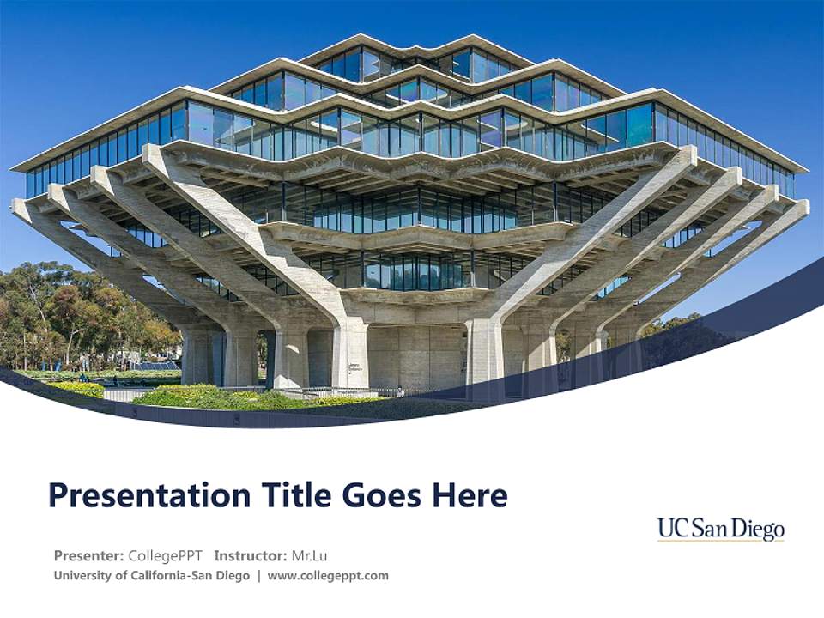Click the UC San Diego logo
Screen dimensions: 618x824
coord(721,530)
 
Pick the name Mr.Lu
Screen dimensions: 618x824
coord(310,555)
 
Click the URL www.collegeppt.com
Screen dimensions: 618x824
coord(328,575)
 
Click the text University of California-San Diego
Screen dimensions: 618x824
coord(151,575)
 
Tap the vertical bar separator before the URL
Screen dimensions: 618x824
coord(259,575)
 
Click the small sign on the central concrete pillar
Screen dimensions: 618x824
coord(353,367)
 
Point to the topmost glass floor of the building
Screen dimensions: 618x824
coord(403,64)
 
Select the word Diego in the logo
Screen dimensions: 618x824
coord(759,529)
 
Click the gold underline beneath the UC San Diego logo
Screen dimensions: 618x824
coord(721,542)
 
